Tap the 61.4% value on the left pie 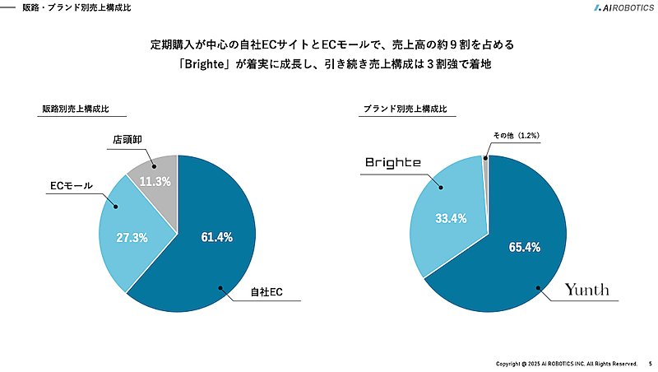click(x=217, y=237)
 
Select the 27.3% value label click(x=132, y=238)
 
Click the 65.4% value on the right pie click(x=524, y=247)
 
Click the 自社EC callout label click(x=266, y=292)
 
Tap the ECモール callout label click(x=72, y=185)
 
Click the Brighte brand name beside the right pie click(x=393, y=162)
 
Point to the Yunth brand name click(x=586, y=290)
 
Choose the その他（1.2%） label click(x=516, y=135)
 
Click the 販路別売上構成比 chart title click(x=76, y=109)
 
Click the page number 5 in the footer click(x=650, y=363)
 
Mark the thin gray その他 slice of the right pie click(x=486, y=164)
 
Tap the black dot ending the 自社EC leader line click(x=220, y=287)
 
